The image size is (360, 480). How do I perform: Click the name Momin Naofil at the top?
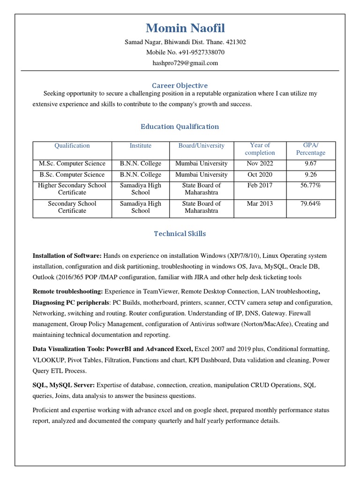click(x=185, y=28)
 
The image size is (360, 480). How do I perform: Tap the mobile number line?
click(x=185, y=52)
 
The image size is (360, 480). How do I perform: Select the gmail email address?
click(x=185, y=63)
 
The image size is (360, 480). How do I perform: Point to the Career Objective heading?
click(x=180, y=85)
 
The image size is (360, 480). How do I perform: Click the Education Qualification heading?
click(x=180, y=127)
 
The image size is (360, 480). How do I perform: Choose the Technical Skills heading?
click(x=180, y=233)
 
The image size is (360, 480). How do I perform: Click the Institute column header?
click(x=141, y=146)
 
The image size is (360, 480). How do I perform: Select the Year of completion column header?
click(x=260, y=149)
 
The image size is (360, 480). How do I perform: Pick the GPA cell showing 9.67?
click(x=310, y=164)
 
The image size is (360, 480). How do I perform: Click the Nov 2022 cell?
click(x=260, y=164)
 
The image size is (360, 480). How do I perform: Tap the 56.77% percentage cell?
click(x=310, y=185)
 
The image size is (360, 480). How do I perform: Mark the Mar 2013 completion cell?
click(x=260, y=203)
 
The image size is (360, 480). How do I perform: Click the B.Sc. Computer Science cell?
click(x=72, y=174)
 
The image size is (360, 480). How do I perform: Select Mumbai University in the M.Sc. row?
click(x=201, y=164)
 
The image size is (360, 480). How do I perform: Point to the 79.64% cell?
click(x=310, y=203)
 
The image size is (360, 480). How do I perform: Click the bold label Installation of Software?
click(x=67, y=256)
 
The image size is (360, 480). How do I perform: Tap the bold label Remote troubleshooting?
click(x=67, y=291)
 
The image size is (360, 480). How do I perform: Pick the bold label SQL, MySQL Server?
click(x=63, y=385)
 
